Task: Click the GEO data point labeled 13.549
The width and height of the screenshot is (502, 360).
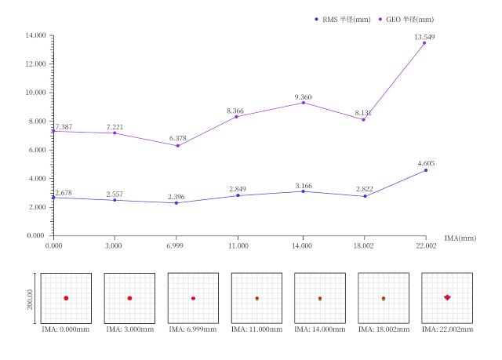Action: click(x=424, y=43)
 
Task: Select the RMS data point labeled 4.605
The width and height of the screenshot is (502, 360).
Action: click(x=424, y=170)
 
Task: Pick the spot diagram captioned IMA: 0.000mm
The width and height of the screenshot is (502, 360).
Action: click(x=67, y=298)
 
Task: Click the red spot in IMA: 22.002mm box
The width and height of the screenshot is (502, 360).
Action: click(x=447, y=297)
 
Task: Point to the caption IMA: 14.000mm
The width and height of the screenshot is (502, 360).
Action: click(x=320, y=330)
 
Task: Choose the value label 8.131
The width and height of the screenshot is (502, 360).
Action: click(x=364, y=114)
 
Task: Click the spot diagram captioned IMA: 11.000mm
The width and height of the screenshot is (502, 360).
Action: click(x=256, y=298)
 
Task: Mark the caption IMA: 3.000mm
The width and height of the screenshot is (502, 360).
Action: click(x=129, y=330)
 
